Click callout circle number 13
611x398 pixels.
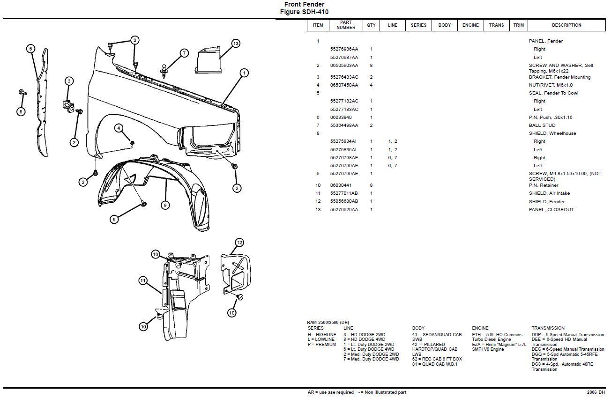click(x=235, y=44)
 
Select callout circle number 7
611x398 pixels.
click(x=184, y=53)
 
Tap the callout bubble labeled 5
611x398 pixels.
click(x=30, y=49)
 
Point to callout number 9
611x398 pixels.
click(x=114, y=219)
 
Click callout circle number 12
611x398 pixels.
click(x=239, y=243)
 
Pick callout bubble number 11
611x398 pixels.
click(x=143, y=280)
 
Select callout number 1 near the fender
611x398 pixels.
click(x=244, y=73)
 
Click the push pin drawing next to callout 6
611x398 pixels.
click(x=22, y=92)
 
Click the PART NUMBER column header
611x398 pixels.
click(x=346, y=25)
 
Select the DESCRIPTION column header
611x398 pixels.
click(x=566, y=25)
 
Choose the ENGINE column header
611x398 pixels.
click(x=470, y=25)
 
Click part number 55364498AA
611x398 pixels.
click(x=344, y=125)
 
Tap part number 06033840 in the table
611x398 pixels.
click(x=341, y=118)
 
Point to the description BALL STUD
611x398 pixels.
click(x=542, y=125)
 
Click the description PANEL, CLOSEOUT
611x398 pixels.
click(x=551, y=210)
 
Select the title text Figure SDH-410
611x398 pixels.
click(x=304, y=12)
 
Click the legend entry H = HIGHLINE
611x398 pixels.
click(x=322, y=335)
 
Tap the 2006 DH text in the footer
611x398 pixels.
click(x=596, y=392)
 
